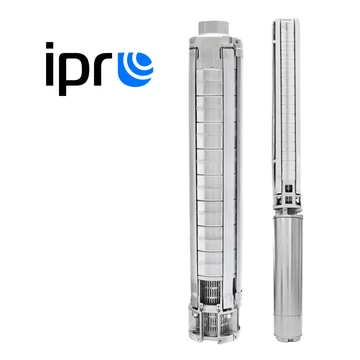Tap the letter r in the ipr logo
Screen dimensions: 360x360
tap(102, 69)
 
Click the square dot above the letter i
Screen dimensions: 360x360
tap(50, 45)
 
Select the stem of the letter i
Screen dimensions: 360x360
tap(50, 70)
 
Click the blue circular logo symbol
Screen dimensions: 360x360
tap(135, 69)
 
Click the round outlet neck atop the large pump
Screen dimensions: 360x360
tap(214, 28)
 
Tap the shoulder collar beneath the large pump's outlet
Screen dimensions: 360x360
tap(215, 43)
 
